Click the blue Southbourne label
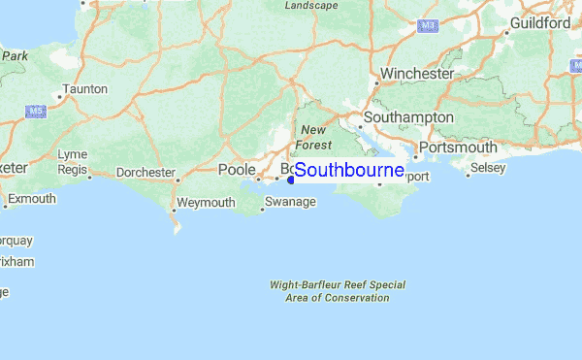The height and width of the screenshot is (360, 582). [x=349, y=171]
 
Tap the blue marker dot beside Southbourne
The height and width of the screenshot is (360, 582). [x=291, y=179]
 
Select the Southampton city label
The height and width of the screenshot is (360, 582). [x=407, y=117]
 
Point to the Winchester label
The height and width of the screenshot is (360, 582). [x=417, y=74]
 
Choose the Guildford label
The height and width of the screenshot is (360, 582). [x=540, y=21]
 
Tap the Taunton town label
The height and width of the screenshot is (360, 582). [x=83, y=89]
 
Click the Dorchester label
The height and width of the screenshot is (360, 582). [x=145, y=173]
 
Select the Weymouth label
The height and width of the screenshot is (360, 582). [x=207, y=203]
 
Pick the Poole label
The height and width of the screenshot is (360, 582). [x=236, y=170]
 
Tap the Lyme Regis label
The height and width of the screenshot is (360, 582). [x=72, y=162]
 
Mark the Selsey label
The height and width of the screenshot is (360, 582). [x=487, y=169]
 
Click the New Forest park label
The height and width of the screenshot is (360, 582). [x=315, y=137]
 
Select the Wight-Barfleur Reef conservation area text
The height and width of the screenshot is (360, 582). [x=338, y=291]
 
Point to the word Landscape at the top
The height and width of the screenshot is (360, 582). [x=311, y=6]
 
